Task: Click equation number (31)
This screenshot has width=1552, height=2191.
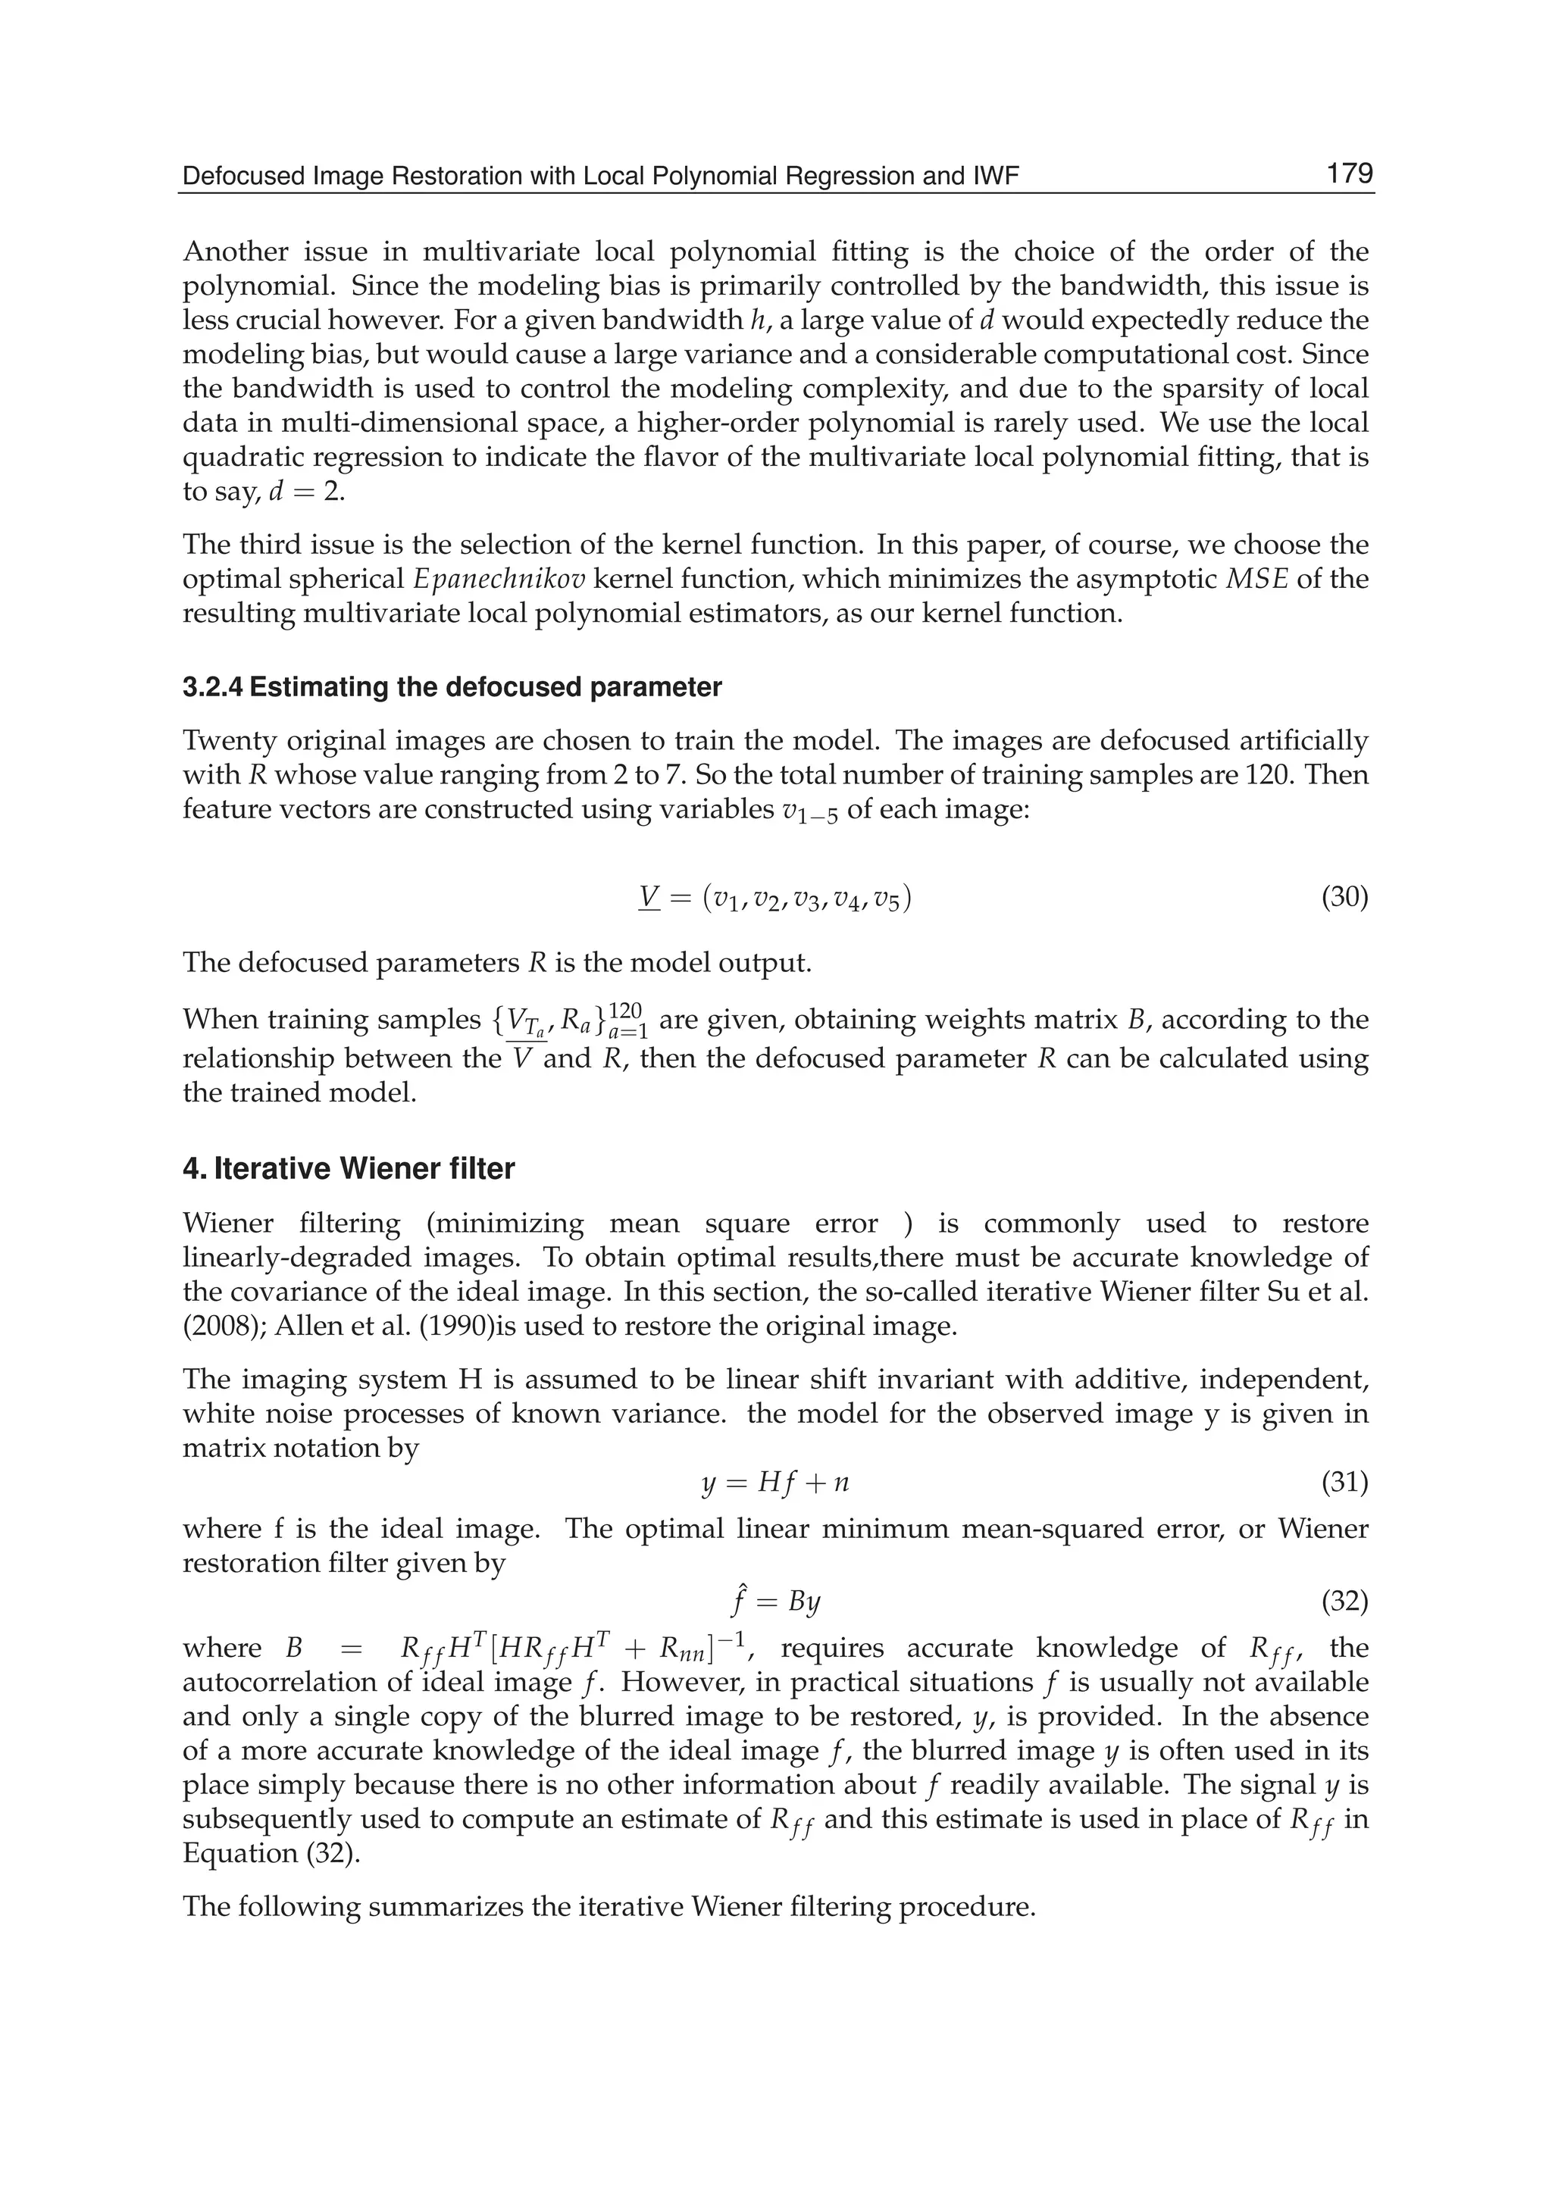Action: [1344, 1482]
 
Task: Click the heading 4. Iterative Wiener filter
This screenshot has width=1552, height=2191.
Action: [349, 1168]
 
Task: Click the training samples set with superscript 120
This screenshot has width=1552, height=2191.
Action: [568, 1021]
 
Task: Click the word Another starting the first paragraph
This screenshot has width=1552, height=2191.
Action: [236, 252]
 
